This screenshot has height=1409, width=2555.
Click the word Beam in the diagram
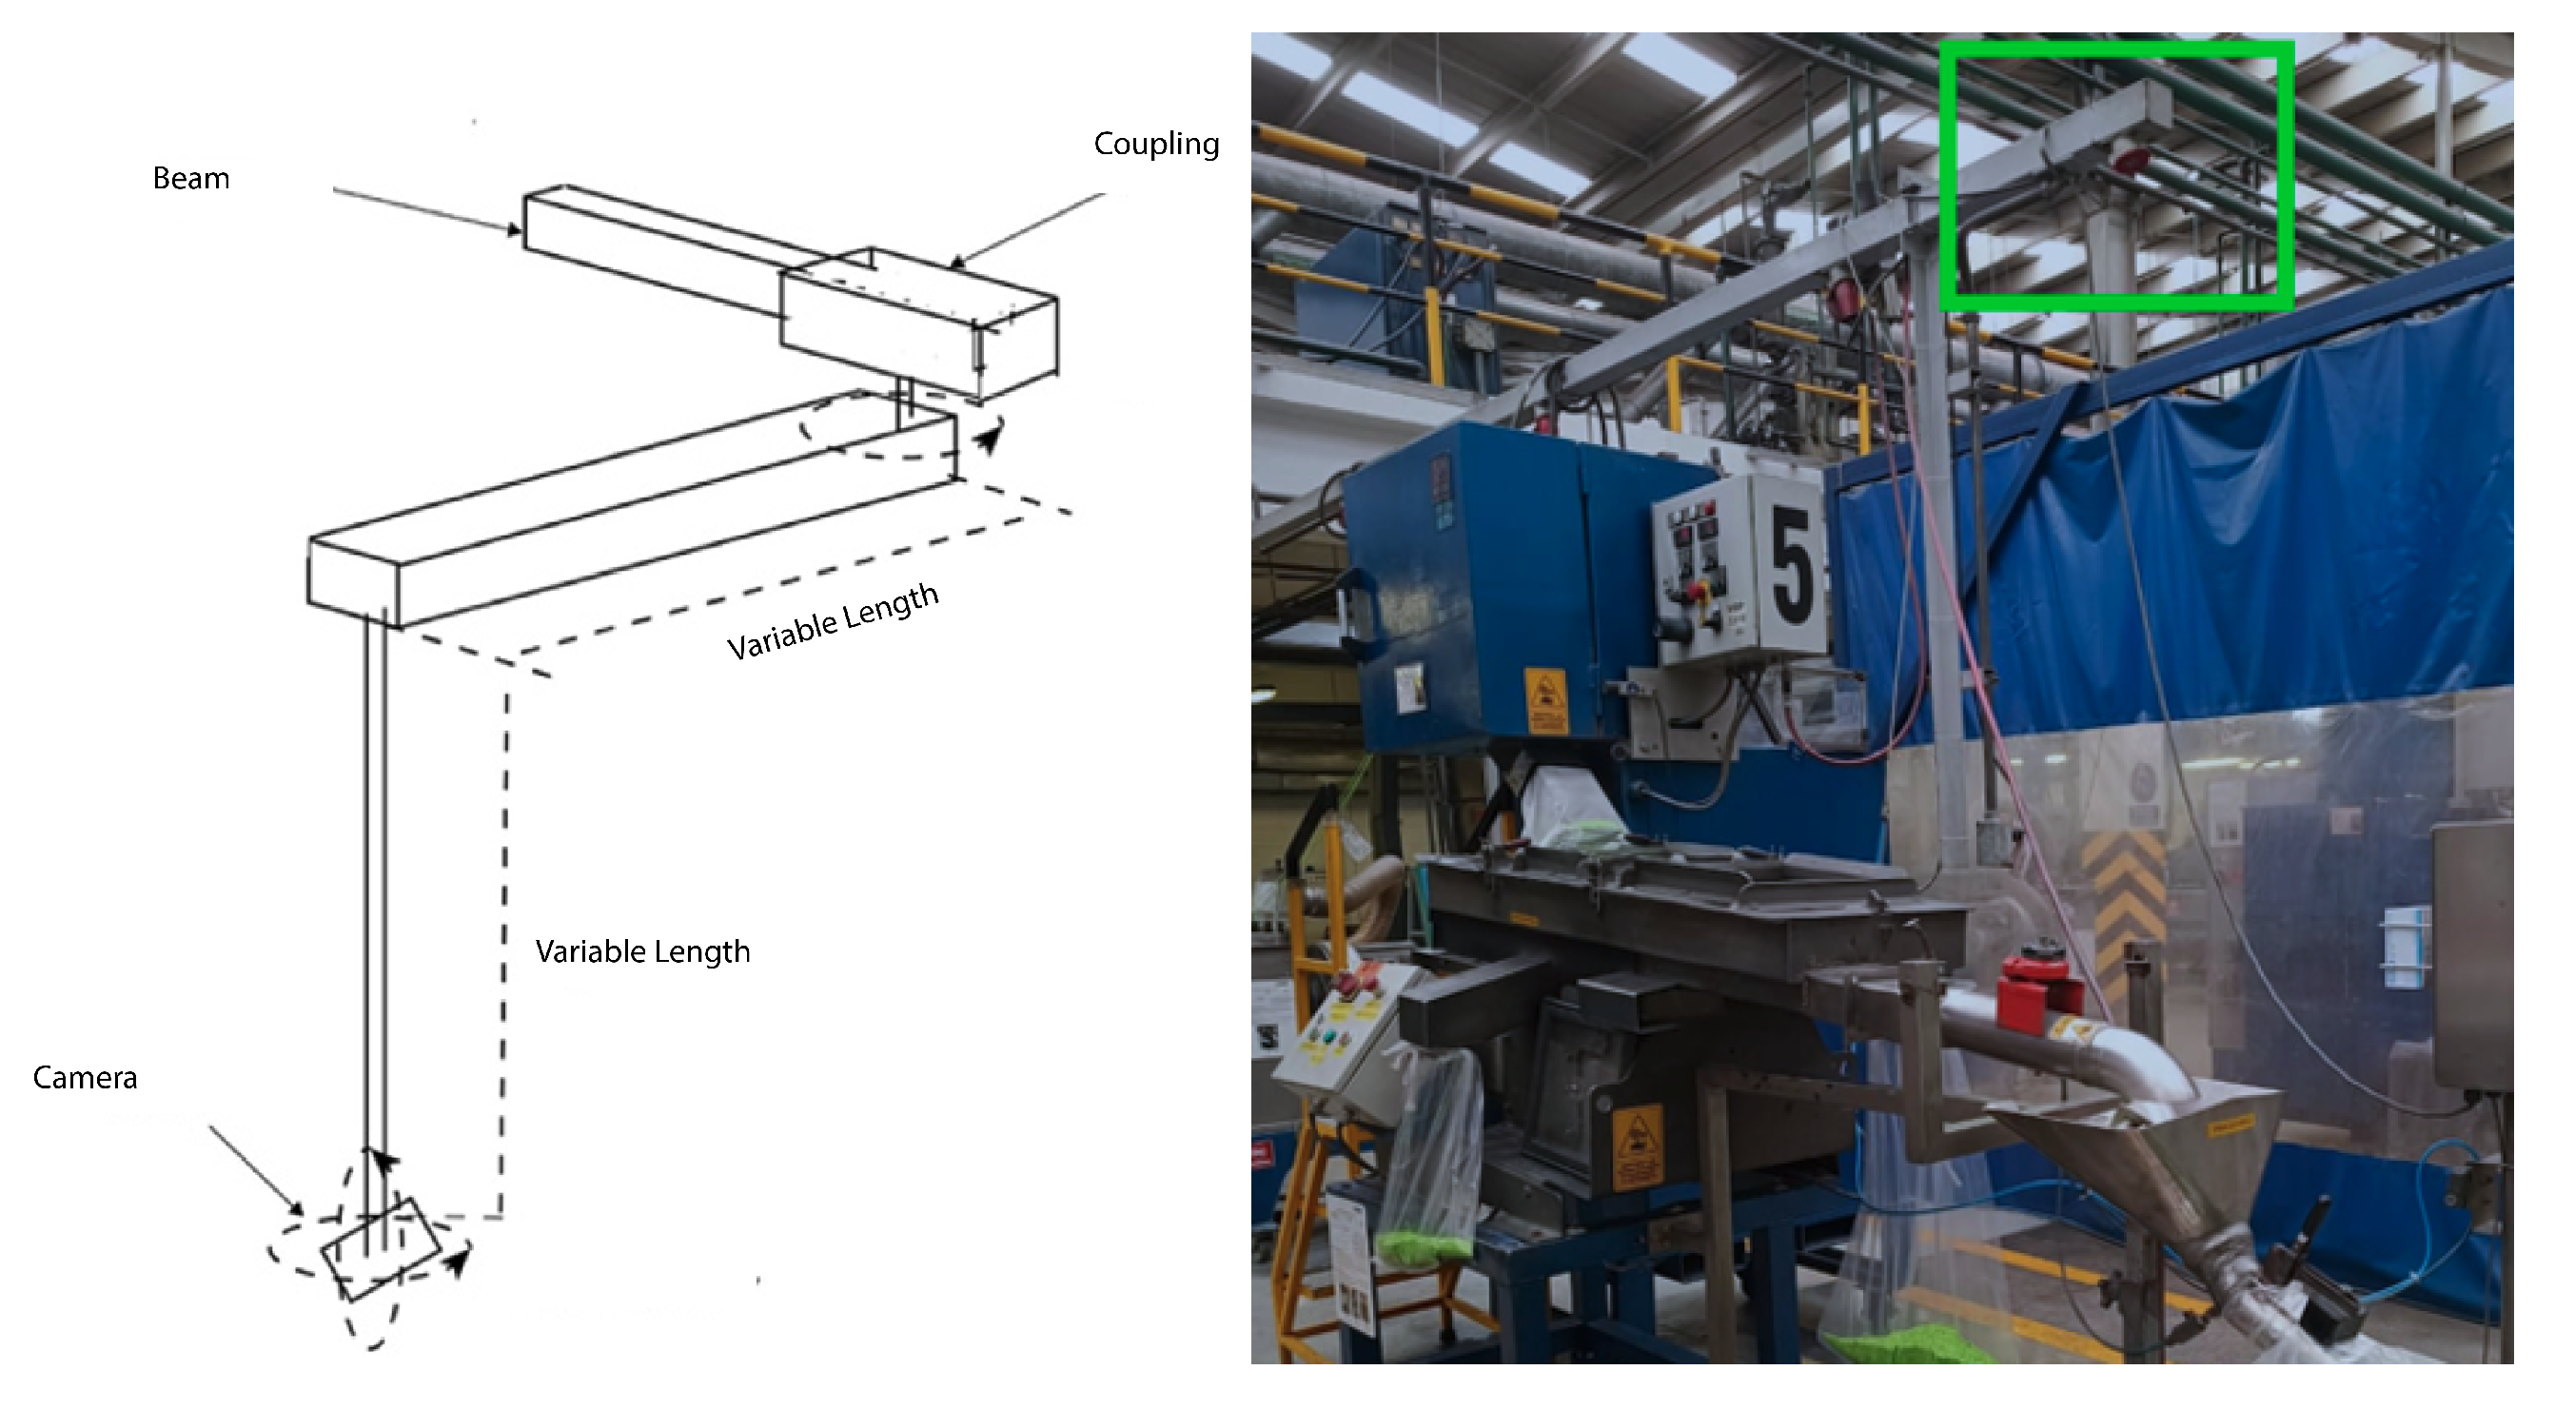[x=191, y=179]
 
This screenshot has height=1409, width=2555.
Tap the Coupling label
[x=1156, y=145]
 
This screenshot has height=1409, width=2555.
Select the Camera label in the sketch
[x=86, y=1078]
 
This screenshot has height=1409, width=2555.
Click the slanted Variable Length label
[x=834, y=621]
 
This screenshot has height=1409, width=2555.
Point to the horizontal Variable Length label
[x=642, y=952]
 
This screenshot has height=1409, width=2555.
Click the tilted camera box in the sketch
[x=381, y=1249]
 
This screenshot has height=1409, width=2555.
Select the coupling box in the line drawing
[x=918, y=323]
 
